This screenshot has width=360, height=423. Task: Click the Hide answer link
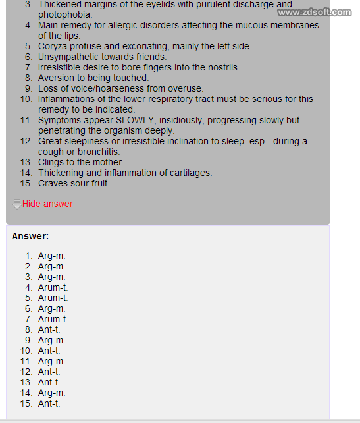[x=47, y=204]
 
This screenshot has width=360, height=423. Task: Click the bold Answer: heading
[x=30, y=236]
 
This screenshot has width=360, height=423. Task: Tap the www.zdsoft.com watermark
[x=315, y=13]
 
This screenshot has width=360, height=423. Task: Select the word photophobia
[x=64, y=14]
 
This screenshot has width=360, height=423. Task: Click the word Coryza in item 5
[x=53, y=46]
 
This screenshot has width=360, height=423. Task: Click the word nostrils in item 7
[x=222, y=67]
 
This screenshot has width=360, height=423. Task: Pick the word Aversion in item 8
[x=57, y=78]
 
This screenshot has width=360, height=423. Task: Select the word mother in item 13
[x=106, y=162]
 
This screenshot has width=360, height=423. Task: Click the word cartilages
[x=187, y=173]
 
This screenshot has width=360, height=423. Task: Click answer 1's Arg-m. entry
[x=51, y=256]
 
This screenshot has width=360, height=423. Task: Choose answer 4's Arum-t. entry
[x=53, y=287]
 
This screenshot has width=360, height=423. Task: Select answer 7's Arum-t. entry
[x=53, y=319]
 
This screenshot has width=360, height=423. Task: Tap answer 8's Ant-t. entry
[x=49, y=329]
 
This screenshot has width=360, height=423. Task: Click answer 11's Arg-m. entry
[x=51, y=361]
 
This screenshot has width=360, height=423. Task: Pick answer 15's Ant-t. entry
[x=49, y=403]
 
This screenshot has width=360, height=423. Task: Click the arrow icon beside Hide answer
[x=17, y=204]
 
